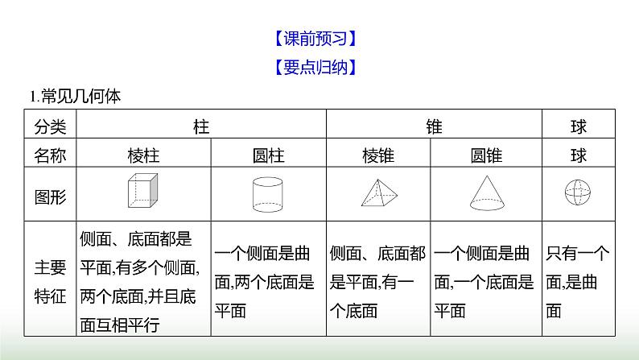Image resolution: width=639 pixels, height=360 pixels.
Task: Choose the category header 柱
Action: point(201,126)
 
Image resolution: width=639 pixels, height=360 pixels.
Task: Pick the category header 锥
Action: point(434,126)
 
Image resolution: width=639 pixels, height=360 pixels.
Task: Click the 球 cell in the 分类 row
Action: point(578,126)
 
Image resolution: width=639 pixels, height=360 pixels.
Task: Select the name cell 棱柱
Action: point(143,155)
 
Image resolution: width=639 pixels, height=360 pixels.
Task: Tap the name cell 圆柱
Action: point(268,155)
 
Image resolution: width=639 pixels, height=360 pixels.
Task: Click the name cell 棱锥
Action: point(377,155)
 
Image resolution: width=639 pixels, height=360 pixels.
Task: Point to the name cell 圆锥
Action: point(486,155)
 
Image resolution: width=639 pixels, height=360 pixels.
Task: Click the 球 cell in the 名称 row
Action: point(578,155)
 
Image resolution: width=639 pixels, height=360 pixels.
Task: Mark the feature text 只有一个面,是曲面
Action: point(576,282)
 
